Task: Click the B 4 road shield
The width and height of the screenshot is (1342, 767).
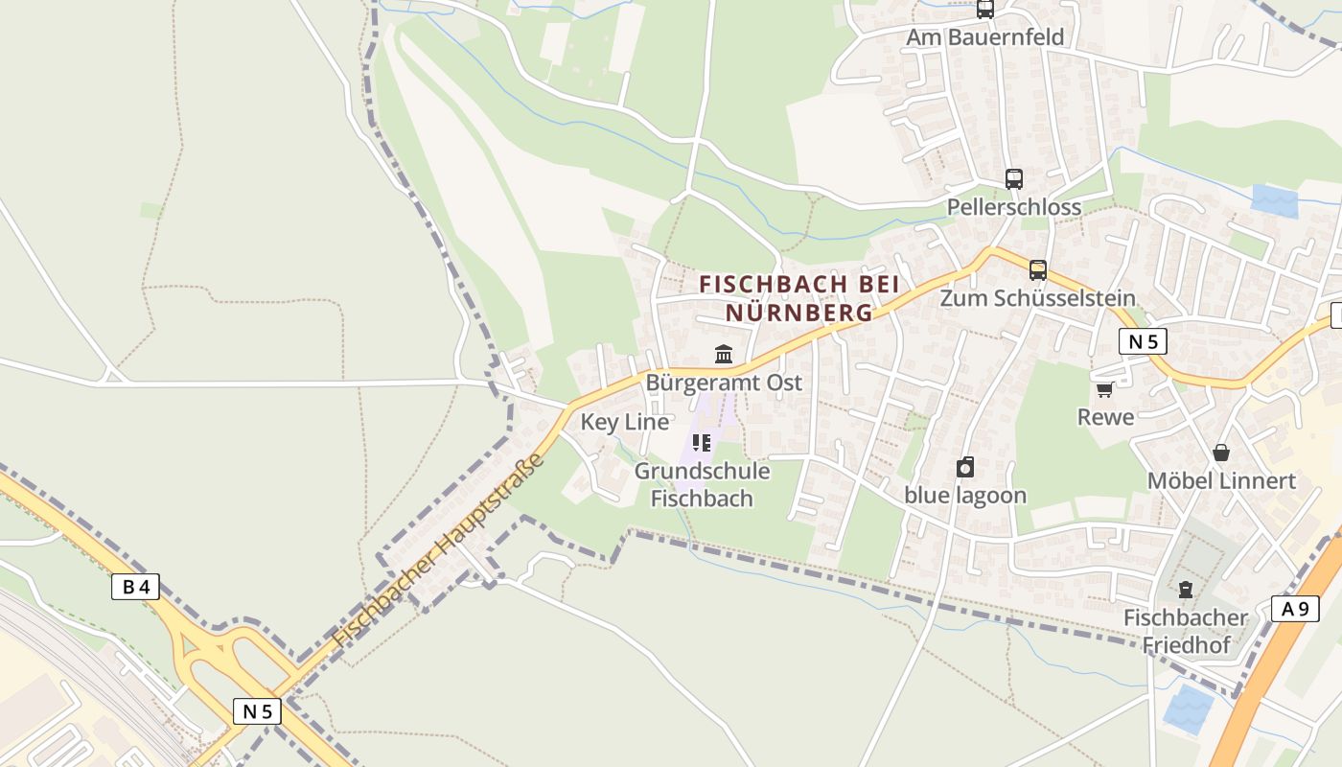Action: tap(135, 587)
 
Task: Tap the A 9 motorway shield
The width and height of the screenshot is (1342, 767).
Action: tap(1294, 608)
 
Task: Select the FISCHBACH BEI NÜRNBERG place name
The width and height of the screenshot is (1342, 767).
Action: tap(799, 298)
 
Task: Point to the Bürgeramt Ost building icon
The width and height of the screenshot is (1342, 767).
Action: tap(724, 355)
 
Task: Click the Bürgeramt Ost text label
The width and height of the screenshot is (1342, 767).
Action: tap(724, 383)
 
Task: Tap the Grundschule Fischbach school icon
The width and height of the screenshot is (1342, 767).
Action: tap(702, 443)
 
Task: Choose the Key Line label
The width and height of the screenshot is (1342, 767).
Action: tap(625, 422)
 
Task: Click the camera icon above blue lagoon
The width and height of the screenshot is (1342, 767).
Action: tap(965, 467)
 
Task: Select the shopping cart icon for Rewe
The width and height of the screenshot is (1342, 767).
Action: tap(1104, 389)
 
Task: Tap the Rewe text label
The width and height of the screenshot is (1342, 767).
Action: tap(1105, 417)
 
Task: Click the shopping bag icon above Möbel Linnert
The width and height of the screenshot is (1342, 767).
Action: tap(1221, 453)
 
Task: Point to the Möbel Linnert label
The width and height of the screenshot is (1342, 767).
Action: tap(1221, 480)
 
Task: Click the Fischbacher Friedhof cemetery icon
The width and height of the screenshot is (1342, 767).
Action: tap(1186, 590)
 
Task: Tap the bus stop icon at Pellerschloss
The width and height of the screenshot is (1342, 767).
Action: tap(1013, 178)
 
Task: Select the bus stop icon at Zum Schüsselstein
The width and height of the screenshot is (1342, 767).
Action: tap(1037, 270)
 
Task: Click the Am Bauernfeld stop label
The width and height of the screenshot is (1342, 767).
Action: tap(985, 38)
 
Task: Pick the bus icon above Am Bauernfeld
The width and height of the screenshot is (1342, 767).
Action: tap(984, 10)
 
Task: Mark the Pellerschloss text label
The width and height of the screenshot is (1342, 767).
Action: tap(1013, 207)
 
